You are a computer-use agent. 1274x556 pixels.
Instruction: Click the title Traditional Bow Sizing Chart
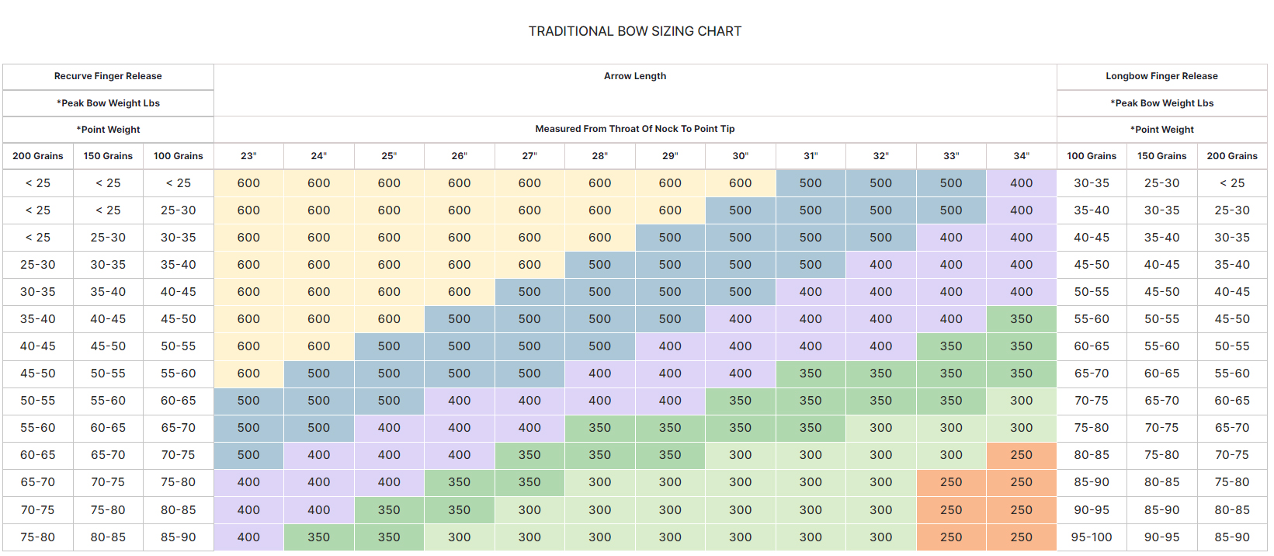[x=635, y=31]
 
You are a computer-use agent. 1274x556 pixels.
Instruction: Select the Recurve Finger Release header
[x=108, y=76]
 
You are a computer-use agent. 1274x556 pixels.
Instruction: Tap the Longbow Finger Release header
[x=1161, y=76]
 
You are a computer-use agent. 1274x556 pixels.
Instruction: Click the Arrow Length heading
[x=635, y=76]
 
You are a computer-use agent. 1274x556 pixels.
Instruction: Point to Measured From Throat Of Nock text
[x=635, y=129]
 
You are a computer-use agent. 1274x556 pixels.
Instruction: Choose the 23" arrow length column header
[x=248, y=156]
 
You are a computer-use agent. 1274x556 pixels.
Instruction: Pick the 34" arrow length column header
[x=1021, y=156]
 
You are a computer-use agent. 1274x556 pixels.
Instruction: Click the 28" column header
[x=599, y=156]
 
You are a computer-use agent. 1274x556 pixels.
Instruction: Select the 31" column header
[x=811, y=156]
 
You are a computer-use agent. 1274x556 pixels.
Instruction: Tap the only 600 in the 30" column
[x=740, y=183]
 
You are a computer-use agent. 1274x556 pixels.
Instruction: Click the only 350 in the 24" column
[x=318, y=537]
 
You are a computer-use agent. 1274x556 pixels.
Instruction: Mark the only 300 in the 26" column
[x=459, y=537]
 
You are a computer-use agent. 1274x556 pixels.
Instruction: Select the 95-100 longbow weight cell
[x=1092, y=537]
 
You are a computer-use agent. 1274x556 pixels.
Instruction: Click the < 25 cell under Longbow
[x=1232, y=183]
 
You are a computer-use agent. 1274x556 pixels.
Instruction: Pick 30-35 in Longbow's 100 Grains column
[x=1092, y=183]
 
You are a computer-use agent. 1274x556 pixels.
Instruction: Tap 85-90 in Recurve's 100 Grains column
[x=178, y=537]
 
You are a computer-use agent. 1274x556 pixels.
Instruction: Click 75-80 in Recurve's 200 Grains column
[x=37, y=537]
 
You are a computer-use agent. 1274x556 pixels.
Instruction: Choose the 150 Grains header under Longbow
[x=1161, y=156]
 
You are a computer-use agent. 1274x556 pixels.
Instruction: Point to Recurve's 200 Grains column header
[x=37, y=156]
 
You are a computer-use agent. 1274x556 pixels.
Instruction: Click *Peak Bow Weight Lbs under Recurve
[x=108, y=103]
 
